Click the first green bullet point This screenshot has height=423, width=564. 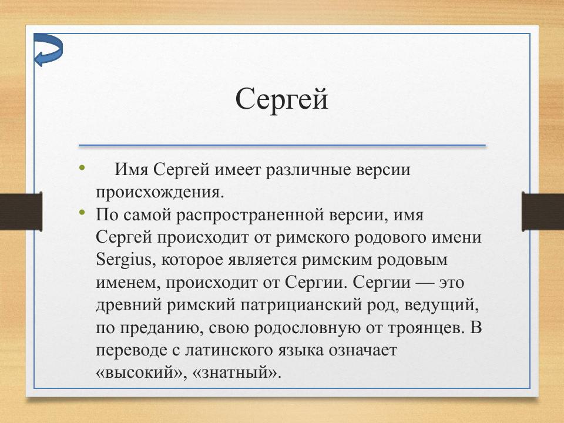pos(81,169)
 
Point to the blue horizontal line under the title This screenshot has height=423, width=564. pos(282,145)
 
